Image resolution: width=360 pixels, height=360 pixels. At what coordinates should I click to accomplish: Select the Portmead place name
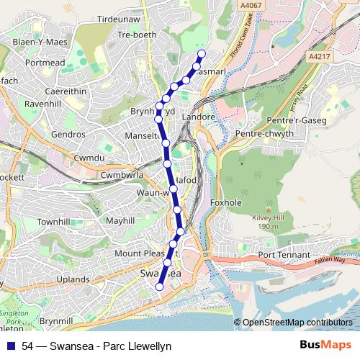tap(44, 63)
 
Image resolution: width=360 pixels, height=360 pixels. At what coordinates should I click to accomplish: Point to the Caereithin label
tap(48, 91)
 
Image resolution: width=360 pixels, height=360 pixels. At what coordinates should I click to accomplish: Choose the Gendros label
tap(68, 135)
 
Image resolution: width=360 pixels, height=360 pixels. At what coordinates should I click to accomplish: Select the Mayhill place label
tap(119, 221)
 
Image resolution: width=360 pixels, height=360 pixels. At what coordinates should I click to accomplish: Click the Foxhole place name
tap(225, 203)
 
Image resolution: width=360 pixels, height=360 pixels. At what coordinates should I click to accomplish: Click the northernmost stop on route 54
tap(202, 53)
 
